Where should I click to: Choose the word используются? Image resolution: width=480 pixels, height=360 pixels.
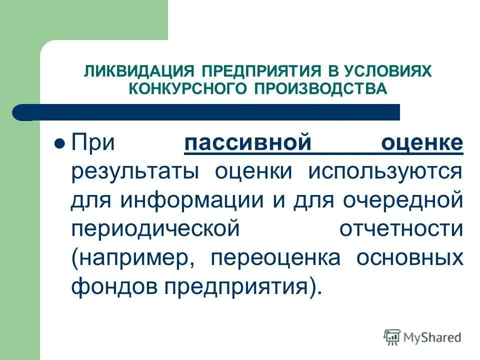385,172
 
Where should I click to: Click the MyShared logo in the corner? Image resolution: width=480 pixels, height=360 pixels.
422,337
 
